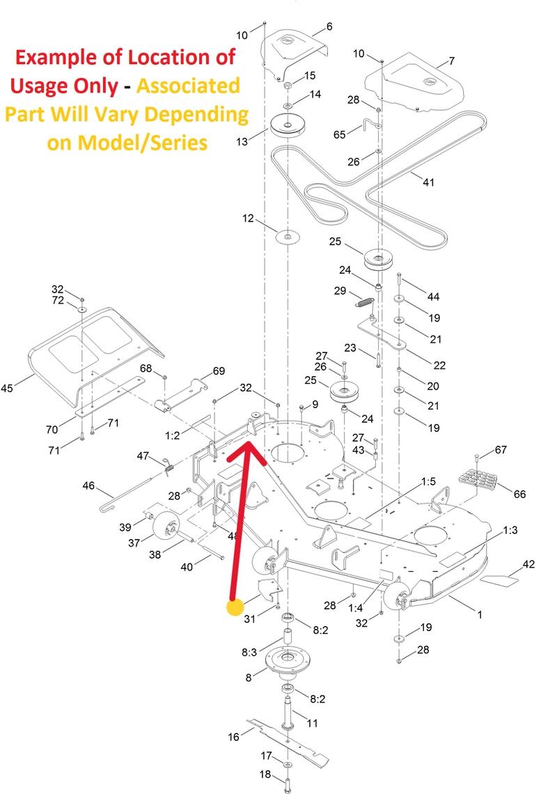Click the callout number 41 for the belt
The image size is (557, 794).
pos(428,182)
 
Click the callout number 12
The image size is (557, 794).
pos(249,219)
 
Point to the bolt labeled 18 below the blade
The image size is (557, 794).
pos(288,786)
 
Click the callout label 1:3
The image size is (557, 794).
pos(510,530)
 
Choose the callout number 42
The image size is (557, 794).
pos(528,564)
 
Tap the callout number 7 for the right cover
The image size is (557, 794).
pos(451,61)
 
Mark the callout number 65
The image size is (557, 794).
pos(339,134)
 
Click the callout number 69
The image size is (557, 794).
pos(219,371)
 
